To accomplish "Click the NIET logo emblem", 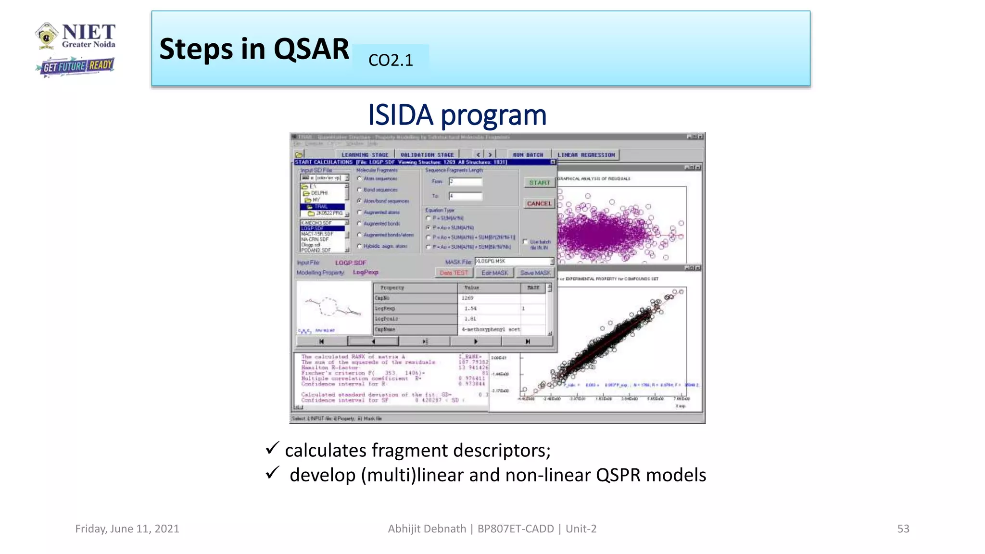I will [47, 36].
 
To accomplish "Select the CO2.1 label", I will [391, 60].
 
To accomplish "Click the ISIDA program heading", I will [457, 115].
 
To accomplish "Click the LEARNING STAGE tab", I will [365, 155].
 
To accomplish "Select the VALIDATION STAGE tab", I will [427, 155].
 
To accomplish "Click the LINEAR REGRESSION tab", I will [586, 155].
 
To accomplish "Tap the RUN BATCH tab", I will [528, 155].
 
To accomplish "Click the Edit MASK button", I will [494, 273].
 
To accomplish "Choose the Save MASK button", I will [535, 273].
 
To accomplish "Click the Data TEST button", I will [454, 273].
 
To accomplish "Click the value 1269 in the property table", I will [467, 298].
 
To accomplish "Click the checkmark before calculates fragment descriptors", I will [272, 448].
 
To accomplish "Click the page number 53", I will [903, 529].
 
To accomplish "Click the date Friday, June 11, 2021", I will [127, 529].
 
